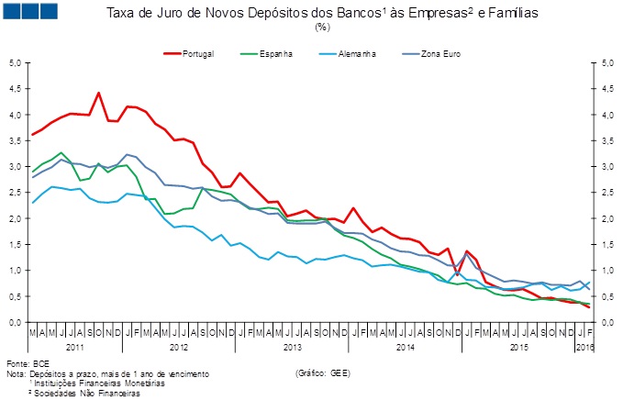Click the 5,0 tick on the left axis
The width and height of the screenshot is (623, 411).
15,63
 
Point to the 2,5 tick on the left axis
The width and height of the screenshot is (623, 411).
15,193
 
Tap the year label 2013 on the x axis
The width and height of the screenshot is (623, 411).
293,349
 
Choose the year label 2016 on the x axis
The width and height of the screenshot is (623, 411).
584,349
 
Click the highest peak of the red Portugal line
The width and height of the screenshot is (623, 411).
98,93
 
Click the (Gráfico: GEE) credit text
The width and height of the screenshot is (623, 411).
323,374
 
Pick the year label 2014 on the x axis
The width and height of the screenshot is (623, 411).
406,349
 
